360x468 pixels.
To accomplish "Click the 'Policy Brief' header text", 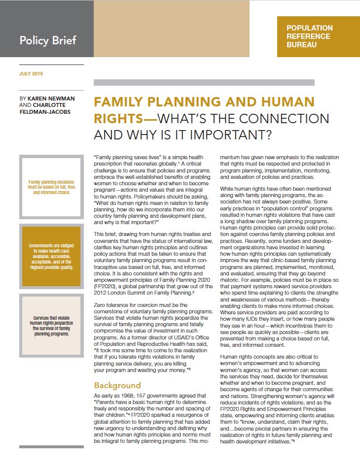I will pos(48,40).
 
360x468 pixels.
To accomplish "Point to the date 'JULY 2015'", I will pos(31,74).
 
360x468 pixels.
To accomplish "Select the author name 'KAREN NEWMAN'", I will pos(52,99).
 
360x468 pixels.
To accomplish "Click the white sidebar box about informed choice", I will pos(51,186).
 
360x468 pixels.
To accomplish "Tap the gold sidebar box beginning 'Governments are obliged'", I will pos(51,256).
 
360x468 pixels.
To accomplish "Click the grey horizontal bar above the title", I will pos(204,83).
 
